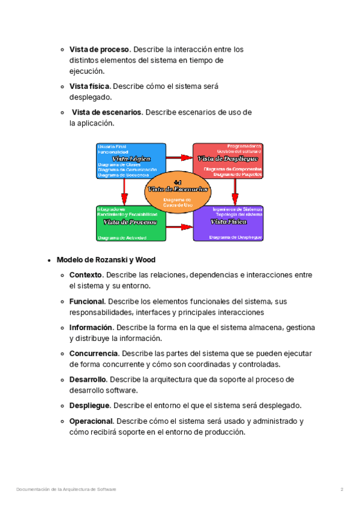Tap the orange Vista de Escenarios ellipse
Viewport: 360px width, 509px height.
(178, 188)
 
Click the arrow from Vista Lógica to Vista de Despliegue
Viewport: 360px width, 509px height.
(179, 157)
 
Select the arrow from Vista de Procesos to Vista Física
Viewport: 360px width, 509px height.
(179, 227)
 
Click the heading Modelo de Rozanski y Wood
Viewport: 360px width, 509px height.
(106, 260)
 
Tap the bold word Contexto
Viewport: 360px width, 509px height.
(86, 275)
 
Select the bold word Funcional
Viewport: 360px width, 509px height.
(87, 301)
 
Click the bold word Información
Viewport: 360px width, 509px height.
(91, 328)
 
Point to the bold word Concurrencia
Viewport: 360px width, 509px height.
(94, 354)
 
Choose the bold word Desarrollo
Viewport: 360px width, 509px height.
(88, 379)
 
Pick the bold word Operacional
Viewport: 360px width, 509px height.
(91, 421)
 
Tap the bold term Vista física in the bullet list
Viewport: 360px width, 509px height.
(89, 86)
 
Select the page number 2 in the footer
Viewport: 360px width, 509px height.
(342, 490)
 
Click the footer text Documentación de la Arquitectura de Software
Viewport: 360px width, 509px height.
(66, 490)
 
